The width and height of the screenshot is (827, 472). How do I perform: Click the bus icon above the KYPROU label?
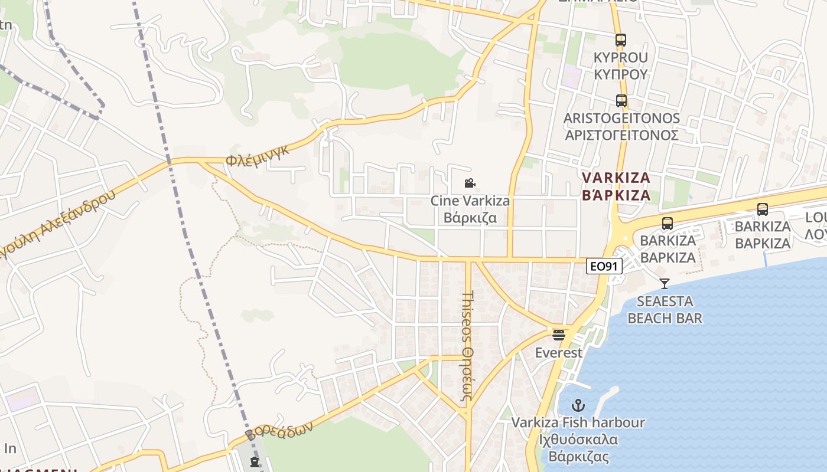[620, 40]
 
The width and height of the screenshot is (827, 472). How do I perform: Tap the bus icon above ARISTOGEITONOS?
[621, 101]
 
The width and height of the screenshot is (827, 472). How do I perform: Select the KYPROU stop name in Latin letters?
[621, 58]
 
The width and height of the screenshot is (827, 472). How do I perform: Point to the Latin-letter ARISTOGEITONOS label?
[621, 119]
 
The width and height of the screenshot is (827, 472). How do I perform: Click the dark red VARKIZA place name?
[616, 178]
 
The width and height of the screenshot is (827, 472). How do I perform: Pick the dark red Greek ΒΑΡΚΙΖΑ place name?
[616, 195]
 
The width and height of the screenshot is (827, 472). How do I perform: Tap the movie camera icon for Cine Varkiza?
[470, 183]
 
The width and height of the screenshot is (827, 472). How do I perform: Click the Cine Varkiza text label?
[470, 201]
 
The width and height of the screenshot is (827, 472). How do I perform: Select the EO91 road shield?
[604, 266]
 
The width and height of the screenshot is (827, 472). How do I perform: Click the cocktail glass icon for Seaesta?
[665, 284]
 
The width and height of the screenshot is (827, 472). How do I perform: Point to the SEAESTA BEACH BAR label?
[665, 310]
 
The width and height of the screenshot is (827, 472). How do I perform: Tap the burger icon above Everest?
[558, 335]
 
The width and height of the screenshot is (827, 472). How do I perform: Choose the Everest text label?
[558, 353]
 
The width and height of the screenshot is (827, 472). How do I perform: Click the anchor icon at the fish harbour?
[578, 405]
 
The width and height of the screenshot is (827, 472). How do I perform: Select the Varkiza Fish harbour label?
[578, 422]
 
